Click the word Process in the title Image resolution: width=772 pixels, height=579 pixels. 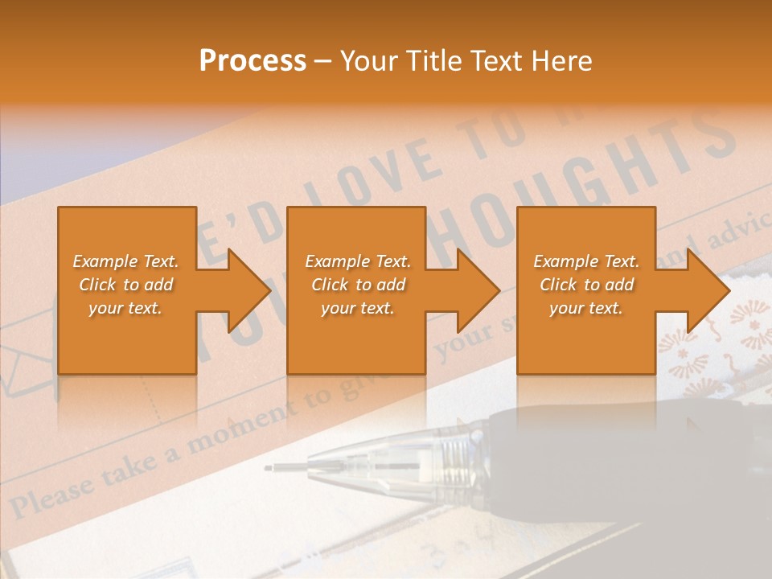(x=253, y=61)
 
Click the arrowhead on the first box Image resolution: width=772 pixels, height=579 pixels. (x=246, y=290)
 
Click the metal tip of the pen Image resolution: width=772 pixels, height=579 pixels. (x=289, y=466)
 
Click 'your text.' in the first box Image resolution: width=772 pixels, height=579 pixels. (x=125, y=307)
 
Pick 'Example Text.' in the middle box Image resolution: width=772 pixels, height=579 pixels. (x=357, y=261)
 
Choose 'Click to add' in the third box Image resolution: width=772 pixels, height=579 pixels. (x=586, y=285)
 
